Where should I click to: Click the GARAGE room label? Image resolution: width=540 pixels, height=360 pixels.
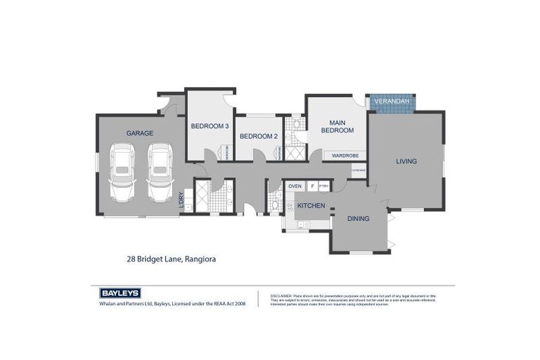[140, 133]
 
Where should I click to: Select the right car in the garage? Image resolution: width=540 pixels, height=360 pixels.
[160, 173]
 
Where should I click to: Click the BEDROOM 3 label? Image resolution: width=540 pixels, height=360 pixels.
[210, 126]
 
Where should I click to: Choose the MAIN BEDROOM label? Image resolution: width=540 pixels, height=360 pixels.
[337, 126]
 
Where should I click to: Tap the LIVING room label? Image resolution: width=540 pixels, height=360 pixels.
[406, 161]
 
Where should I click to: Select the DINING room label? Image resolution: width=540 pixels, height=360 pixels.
[358, 219]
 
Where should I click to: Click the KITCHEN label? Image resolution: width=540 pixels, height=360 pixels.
[311, 205]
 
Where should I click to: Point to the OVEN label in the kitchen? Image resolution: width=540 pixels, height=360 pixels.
[295, 186]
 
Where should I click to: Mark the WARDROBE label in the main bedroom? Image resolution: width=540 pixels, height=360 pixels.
[345, 155]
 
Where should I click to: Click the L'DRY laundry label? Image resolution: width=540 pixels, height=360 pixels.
[181, 200]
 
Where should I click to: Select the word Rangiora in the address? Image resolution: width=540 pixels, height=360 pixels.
[200, 259]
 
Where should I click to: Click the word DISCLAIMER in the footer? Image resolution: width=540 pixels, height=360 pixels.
[281, 296]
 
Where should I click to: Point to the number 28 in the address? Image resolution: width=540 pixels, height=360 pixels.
[131, 259]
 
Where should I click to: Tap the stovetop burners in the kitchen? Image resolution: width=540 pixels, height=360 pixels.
[289, 207]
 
